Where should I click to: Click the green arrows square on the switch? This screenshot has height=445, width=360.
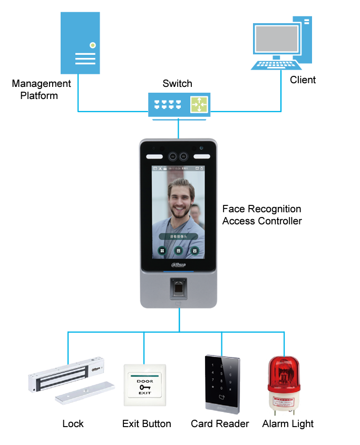pyautogui.click(x=199, y=105)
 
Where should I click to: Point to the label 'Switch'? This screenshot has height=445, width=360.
pyautogui.click(x=177, y=84)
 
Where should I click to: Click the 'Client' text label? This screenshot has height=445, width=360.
pyautogui.click(x=303, y=80)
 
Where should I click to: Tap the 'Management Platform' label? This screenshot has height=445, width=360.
pyautogui.click(x=41, y=90)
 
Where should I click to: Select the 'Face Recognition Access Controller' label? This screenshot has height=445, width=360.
pyautogui.click(x=262, y=215)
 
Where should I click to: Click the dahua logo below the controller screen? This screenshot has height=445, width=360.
pyautogui.click(x=178, y=264)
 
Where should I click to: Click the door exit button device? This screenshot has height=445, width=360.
pyautogui.click(x=144, y=385)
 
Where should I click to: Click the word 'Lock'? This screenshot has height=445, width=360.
pyautogui.click(x=73, y=423)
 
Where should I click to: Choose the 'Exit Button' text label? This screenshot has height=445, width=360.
pyautogui.click(x=147, y=423)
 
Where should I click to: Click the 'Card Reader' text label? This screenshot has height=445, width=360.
pyautogui.click(x=220, y=423)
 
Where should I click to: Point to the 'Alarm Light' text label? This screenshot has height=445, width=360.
pyautogui.click(x=288, y=423)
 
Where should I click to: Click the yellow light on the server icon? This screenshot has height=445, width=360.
pyautogui.click(x=93, y=45)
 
